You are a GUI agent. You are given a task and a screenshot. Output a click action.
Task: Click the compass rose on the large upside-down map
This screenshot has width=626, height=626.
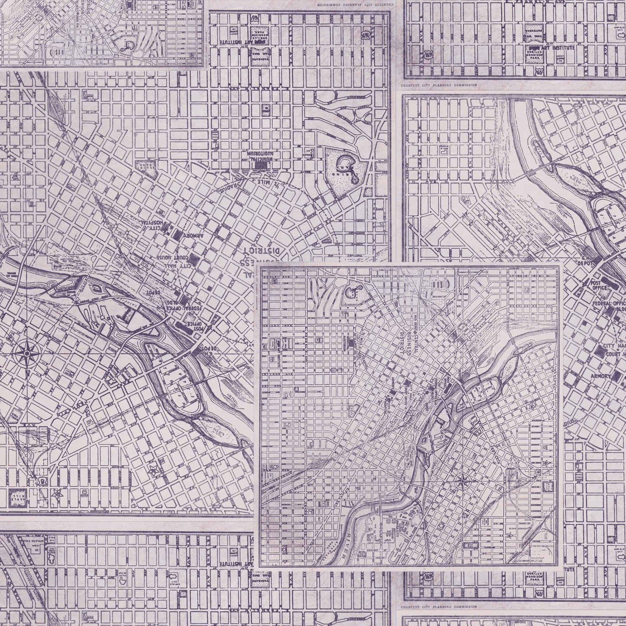[26, 354]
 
